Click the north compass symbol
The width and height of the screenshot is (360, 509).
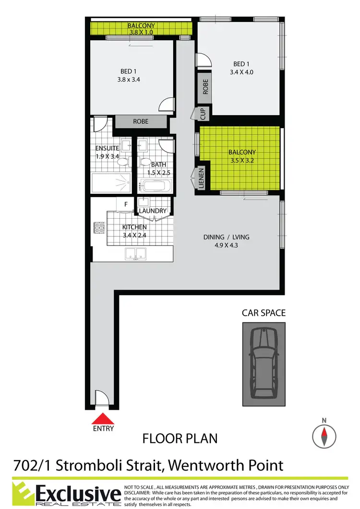click(324, 436)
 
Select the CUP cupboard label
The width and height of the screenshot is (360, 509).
click(203, 114)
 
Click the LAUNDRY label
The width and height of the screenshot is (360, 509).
click(153, 211)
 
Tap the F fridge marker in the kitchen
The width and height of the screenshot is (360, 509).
click(126, 204)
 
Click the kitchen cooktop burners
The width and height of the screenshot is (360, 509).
click(100, 227)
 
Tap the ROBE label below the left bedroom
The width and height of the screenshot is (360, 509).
click(141, 122)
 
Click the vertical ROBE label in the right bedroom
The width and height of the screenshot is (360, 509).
click(205, 86)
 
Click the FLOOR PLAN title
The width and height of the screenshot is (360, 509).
click(180, 438)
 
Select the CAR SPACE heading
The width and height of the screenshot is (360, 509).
click(264, 313)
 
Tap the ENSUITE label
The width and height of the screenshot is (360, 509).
click(107, 148)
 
